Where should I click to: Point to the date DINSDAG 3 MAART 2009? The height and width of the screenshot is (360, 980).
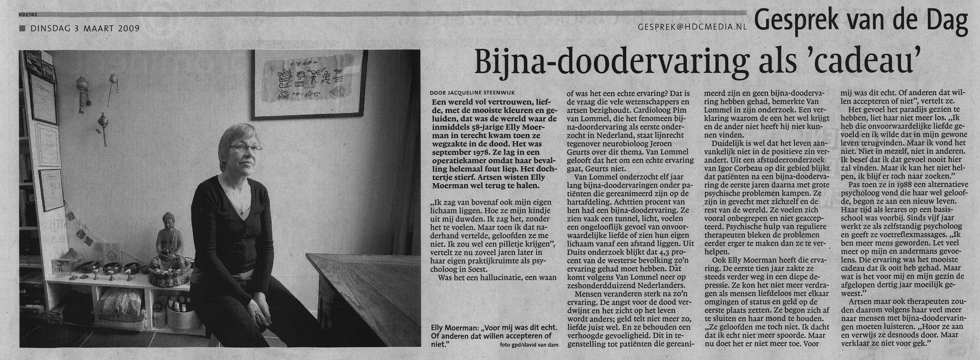[x=84, y=28]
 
